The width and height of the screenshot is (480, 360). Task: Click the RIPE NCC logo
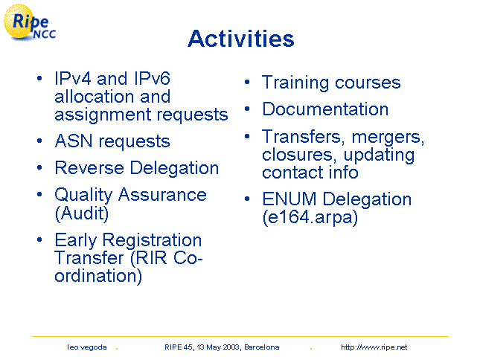(29, 22)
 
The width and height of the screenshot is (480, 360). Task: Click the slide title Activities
(241, 39)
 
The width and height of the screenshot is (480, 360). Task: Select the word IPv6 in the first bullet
(152, 78)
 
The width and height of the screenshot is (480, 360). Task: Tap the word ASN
(74, 141)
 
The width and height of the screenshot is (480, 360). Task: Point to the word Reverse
(89, 167)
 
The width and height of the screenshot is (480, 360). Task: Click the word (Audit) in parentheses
(82, 213)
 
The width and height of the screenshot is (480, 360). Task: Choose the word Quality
(83, 196)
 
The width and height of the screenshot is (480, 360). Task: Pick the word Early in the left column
(76, 240)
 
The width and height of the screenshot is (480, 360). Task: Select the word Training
(295, 83)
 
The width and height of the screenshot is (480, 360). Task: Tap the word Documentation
(325, 109)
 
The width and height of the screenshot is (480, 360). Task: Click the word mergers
(388, 137)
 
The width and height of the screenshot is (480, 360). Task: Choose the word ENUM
(289, 199)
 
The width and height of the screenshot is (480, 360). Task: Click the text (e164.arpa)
(310, 217)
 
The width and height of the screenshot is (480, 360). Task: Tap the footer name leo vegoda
(87, 347)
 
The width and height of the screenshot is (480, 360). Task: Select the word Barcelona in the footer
(262, 347)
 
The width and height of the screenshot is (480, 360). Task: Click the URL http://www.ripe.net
(374, 347)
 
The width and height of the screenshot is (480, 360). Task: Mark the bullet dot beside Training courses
(247, 82)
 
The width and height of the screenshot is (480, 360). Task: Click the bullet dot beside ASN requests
(39, 141)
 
